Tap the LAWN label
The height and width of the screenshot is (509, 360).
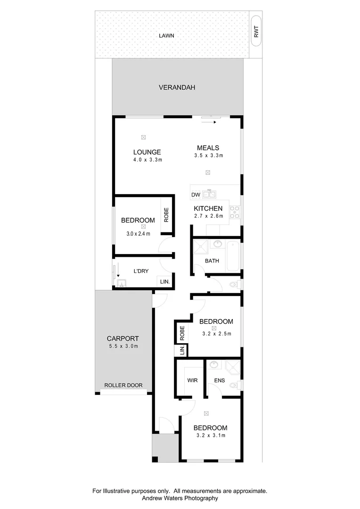coord(167,35)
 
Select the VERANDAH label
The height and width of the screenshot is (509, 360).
coord(177,88)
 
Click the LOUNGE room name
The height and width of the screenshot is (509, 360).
coord(147,152)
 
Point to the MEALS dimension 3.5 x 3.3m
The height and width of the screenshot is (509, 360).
coord(208,156)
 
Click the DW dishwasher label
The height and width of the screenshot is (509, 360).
coord(196,195)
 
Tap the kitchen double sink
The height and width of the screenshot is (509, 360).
coord(210,193)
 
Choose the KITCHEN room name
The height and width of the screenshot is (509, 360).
coord(208,208)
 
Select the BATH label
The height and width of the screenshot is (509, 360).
coord(212,261)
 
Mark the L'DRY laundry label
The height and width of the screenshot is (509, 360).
coord(141,271)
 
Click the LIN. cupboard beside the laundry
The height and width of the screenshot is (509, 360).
coord(164,282)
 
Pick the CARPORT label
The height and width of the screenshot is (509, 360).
coord(123,338)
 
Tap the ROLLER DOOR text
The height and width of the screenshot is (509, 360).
coord(123,386)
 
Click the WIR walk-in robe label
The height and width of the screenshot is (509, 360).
coord(192,380)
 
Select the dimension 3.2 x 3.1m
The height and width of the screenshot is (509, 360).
coord(211,435)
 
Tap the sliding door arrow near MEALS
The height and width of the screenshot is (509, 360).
coord(210,123)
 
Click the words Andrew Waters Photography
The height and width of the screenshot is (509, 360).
coord(180,498)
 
